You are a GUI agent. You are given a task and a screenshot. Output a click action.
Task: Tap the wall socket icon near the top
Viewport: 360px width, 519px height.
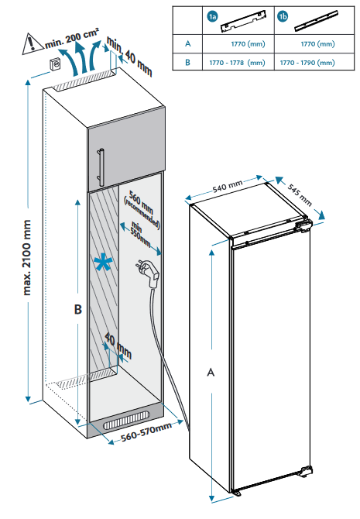pos(55,64)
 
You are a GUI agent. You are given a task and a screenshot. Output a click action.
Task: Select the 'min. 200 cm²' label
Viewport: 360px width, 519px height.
pos(71,38)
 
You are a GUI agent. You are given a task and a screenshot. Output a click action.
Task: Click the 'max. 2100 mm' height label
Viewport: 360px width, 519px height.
pos(27,257)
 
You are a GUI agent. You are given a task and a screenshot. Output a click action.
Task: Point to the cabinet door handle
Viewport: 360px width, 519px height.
pos(101,168)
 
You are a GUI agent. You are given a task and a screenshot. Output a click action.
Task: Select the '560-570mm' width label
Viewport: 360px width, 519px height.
pos(146,431)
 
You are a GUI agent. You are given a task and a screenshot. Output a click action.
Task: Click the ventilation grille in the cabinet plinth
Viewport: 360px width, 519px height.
pos(126,421)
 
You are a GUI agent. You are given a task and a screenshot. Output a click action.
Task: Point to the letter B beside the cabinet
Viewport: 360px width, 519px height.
pos(77,310)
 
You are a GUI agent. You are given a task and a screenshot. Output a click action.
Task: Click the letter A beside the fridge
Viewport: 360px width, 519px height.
pos(211,373)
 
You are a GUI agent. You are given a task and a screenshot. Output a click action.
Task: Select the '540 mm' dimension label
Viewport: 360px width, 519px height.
pos(228,186)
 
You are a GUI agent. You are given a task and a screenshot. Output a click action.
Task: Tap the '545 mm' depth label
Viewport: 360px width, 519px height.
pos(300,194)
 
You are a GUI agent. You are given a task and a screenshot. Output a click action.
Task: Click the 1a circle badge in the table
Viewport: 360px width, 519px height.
pos(212,16)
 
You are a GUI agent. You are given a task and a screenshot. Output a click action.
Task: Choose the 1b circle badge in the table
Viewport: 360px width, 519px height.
pos(283,16)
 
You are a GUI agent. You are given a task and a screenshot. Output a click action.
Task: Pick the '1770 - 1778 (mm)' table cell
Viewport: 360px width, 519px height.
pos(237,63)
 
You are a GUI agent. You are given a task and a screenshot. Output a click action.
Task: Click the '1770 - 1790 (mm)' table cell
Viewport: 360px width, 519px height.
pos(307,63)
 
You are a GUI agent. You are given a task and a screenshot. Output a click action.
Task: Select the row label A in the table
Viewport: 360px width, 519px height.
pos(187,43)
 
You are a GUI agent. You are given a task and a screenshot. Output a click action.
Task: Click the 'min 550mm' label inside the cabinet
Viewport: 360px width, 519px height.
pos(140,235)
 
